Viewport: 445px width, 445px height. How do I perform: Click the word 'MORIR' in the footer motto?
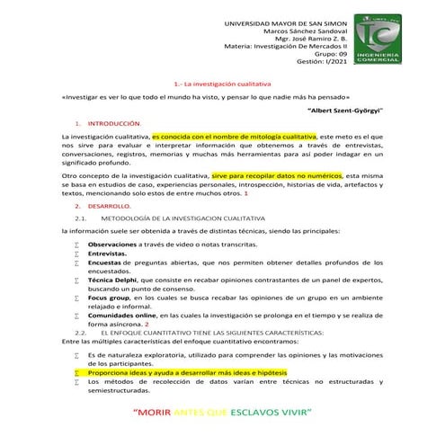[x=152, y=414]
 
